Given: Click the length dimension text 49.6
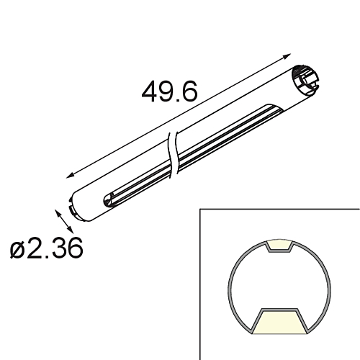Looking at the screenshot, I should pos(169,93).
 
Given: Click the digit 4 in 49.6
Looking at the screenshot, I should pos(150,93).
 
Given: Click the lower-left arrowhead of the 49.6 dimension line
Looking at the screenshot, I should pos(70,175).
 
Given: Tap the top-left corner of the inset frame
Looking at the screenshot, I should pos(200,210).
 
